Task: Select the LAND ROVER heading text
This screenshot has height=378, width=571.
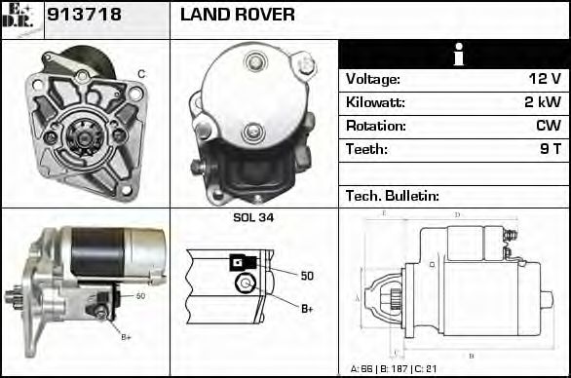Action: coord(237,16)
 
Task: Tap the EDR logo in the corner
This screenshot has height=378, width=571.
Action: coord(19,18)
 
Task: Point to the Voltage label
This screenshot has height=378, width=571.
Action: coord(372,80)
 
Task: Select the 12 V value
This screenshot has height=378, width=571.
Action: coord(544,80)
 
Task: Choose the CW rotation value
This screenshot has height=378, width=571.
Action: coord(548,126)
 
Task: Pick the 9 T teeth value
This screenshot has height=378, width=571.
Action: coord(550,149)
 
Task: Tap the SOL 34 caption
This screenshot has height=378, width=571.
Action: coord(253,217)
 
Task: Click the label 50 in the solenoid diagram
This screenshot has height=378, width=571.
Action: coord(307,276)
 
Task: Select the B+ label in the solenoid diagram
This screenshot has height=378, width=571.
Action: coord(307,309)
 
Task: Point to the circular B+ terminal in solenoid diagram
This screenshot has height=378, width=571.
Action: coord(246,284)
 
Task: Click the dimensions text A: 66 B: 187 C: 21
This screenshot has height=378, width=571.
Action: coord(395,369)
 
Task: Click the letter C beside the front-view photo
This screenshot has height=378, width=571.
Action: coord(141,74)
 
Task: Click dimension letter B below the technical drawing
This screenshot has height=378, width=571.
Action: coord(471,355)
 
